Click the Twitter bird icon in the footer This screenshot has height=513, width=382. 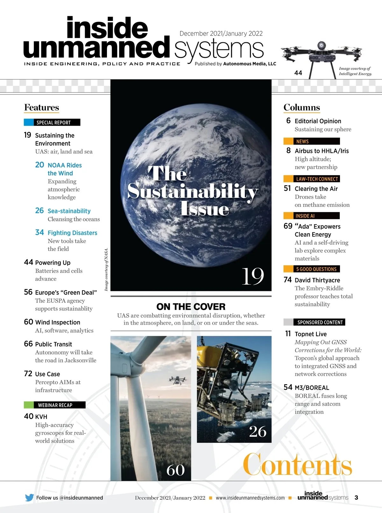(x=29, y=497)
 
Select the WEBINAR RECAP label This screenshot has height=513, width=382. (x=55, y=405)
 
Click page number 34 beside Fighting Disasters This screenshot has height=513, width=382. (x=39, y=232)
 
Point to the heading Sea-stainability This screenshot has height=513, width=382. (x=69, y=211)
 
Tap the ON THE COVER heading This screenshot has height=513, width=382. (x=191, y=307)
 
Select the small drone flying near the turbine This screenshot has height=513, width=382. (x=176, y=380)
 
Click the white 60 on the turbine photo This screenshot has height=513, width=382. (x=175, y=470)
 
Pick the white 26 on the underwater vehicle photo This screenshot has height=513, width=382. (x=258, y=431)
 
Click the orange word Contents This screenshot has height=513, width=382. (x=297, y=465)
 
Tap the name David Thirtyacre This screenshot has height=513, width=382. (x=317, y=280)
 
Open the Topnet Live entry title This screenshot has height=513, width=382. (x=310, y=334)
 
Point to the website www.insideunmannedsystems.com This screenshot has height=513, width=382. (x=250, y=498)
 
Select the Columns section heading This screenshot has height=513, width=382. (x=301, y=107)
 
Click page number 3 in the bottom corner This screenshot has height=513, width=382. (x=356, y=497)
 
